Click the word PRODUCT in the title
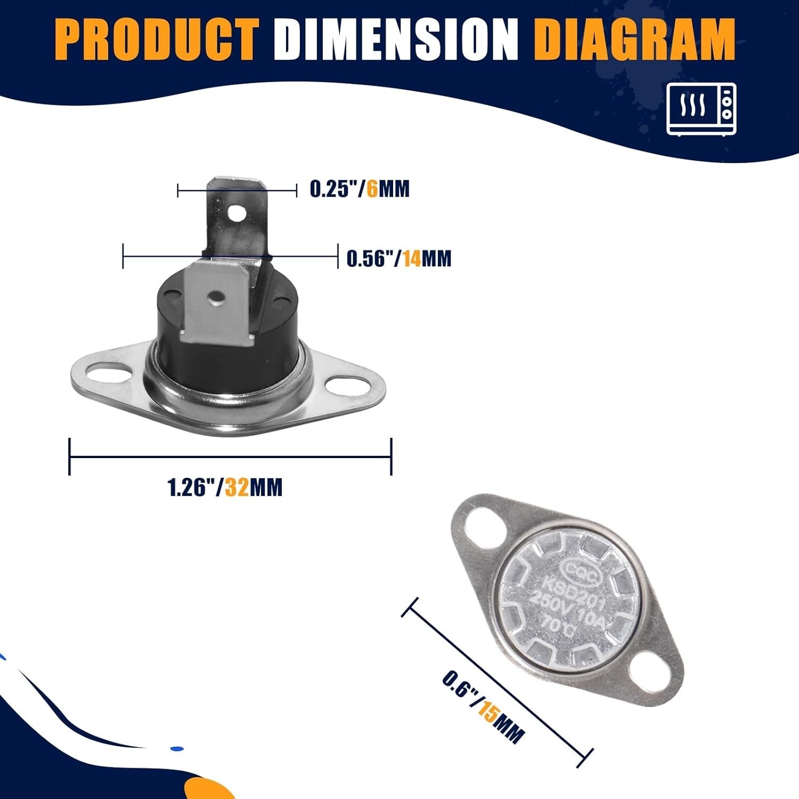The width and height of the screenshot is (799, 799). coord(157,39)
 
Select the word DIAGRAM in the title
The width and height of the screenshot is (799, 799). coord(637,39)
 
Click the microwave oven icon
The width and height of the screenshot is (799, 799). coord(702,109)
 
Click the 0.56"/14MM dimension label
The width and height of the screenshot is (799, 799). coord(399,258)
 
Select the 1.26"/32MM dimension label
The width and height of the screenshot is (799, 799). coord(225,487)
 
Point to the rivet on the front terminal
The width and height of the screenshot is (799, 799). coord(216,299)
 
